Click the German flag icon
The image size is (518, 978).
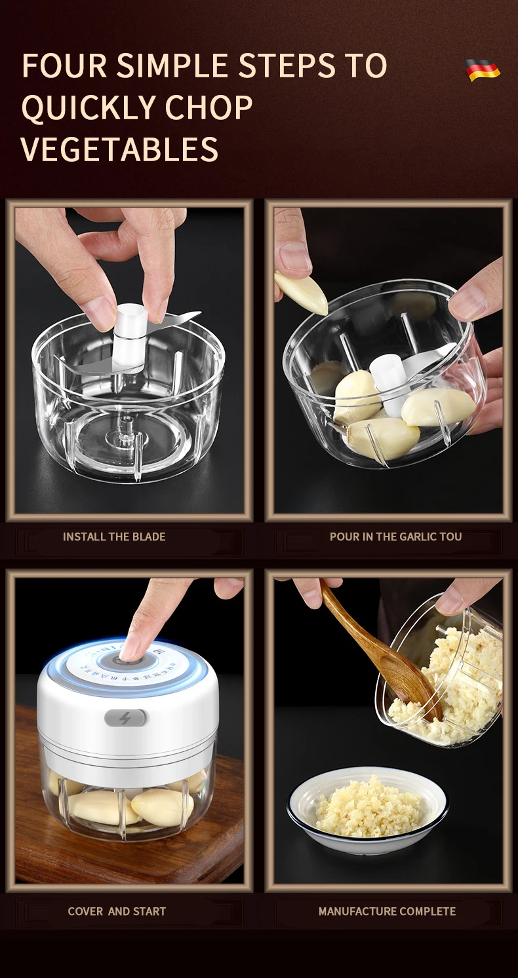pyautogui.click(x=483, y=69)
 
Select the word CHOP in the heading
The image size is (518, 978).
pyautogui.click(x=209, y=107)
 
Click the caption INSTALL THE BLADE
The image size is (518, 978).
pyautogui.click(x=114, y=536)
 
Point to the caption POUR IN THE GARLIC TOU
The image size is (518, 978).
pyautogui.click(x=395, y=536)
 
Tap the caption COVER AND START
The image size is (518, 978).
pyautogui.click(x=117, y=911)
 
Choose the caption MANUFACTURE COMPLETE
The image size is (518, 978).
pyautogui.click(x=387, y=911)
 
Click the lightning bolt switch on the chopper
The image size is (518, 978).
pyautogui.click(x=125, y=718)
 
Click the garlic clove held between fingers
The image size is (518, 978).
pyautogui.click(x=300, y=293)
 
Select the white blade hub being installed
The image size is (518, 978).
pyautogui.click(x=131, y=334)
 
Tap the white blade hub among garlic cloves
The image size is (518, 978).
pyautogui.click(x=388, y=379)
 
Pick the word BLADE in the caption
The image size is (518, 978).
pyautogui.click(x=149, y=536)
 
